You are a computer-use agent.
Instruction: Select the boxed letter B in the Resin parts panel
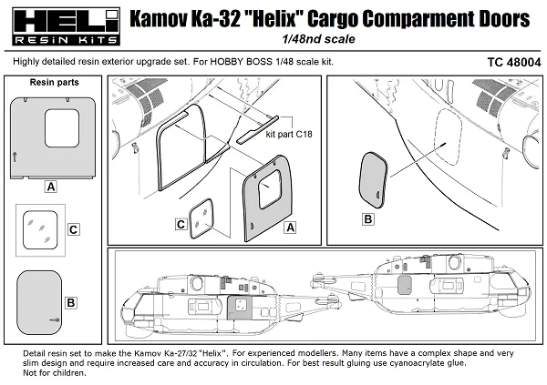pos(70,301)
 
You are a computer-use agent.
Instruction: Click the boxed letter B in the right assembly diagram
pos(367,218)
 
